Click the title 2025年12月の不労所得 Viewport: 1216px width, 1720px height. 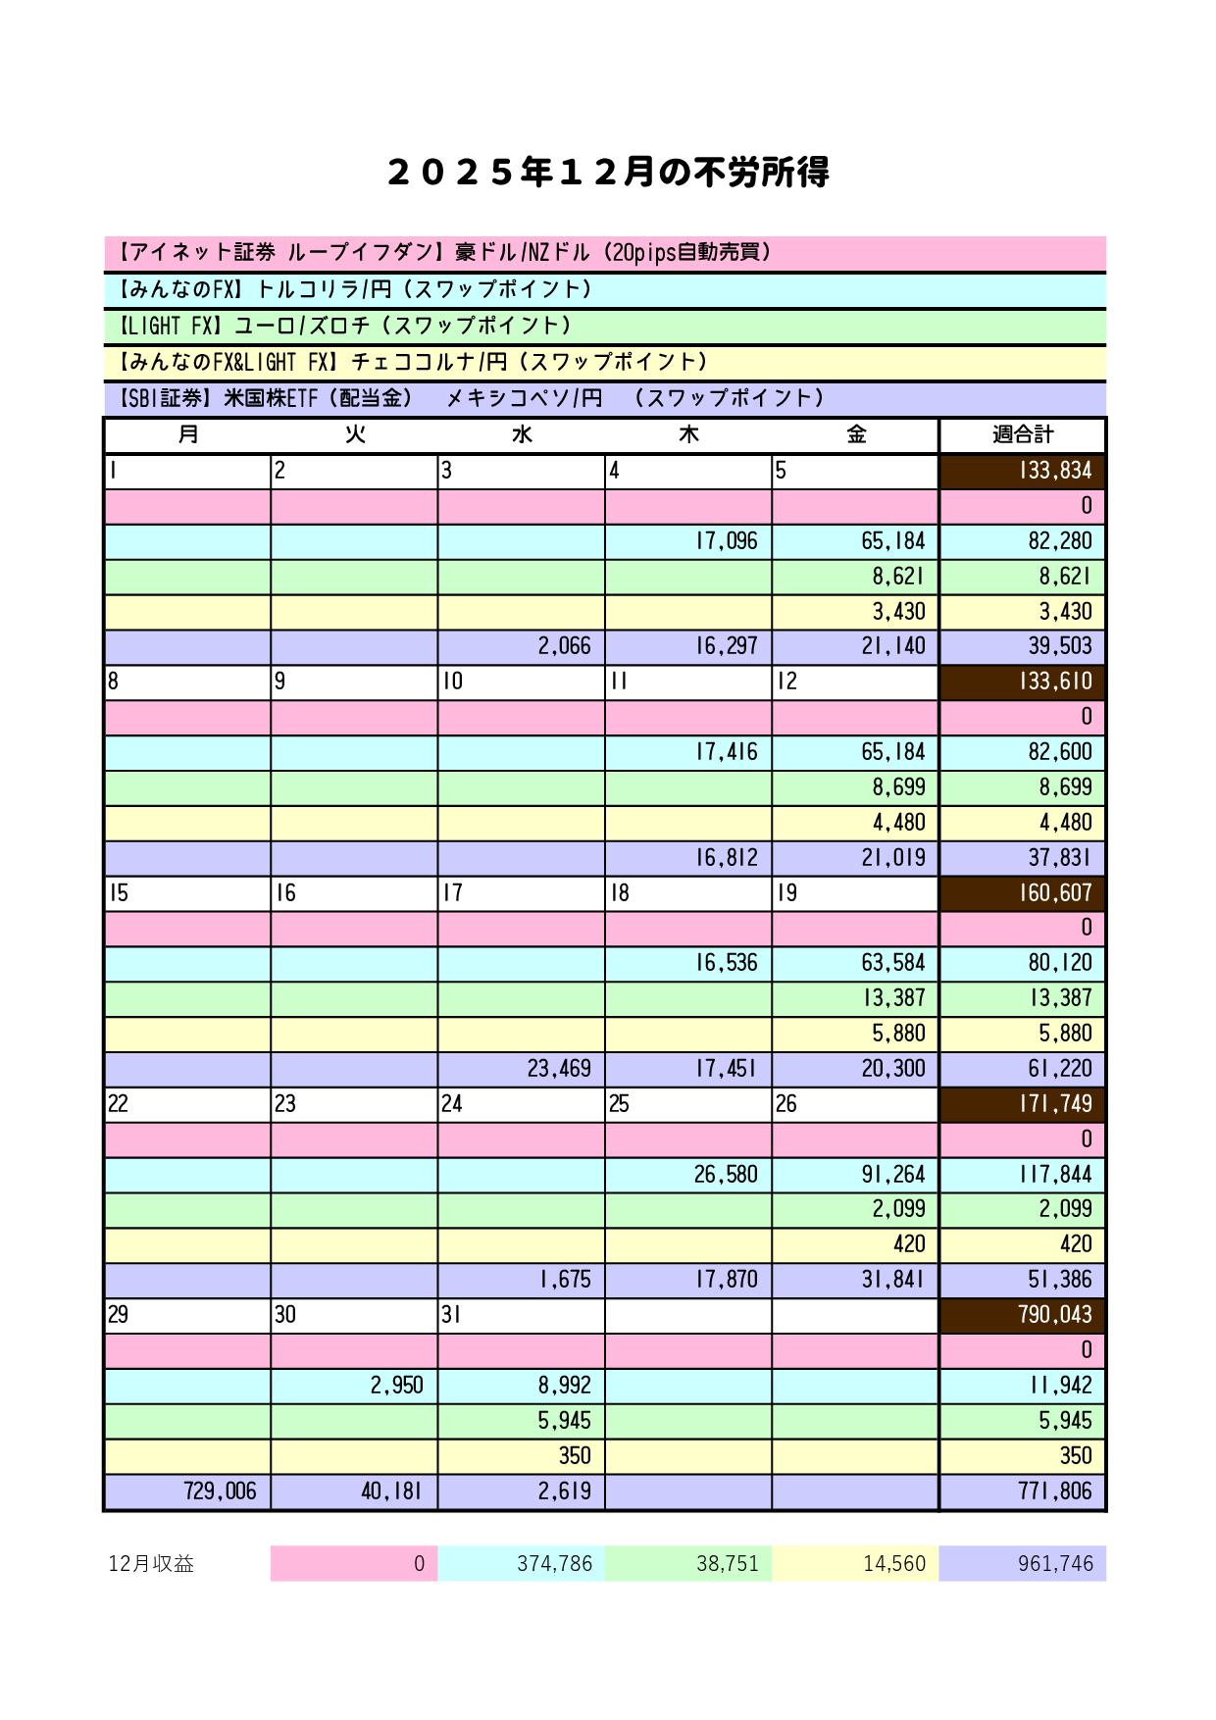608,173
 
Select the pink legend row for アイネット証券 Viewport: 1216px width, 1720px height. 604,253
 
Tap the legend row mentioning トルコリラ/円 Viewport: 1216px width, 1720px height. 604,289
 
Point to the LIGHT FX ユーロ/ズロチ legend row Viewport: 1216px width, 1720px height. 604,326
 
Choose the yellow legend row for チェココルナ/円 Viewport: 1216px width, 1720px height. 604,362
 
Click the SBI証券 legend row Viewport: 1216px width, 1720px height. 604,398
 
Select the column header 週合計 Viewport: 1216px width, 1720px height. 1022,434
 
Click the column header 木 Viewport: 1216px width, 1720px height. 688,434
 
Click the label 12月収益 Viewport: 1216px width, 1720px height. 151,1564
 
